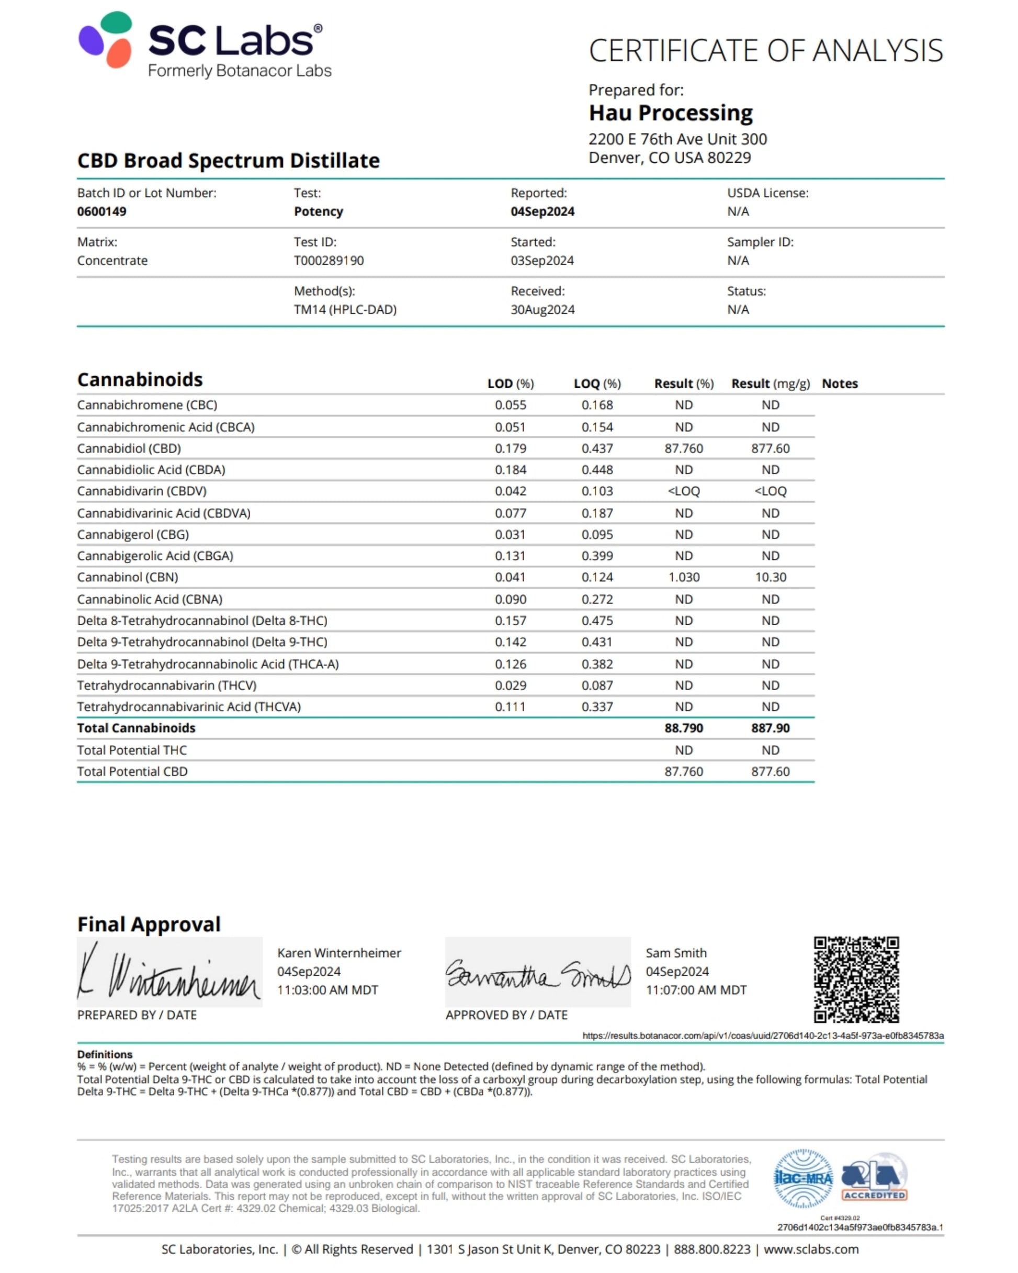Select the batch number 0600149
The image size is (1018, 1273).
coord(101,211)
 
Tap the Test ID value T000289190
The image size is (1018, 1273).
coord(329,261)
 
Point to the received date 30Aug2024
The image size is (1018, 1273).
coord(542,309)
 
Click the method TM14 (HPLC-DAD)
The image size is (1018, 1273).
coord(345,309)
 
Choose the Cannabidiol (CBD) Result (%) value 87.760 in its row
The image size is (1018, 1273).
coord(683,448)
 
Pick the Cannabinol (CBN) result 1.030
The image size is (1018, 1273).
coord(683,577)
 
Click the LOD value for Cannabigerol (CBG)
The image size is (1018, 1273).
coord(510,534)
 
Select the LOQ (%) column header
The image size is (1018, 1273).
coord(597,384)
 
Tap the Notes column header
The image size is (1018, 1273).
coord(839,384)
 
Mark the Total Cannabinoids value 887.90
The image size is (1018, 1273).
coord(770,728)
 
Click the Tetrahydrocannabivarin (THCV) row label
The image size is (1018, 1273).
coord(166,685)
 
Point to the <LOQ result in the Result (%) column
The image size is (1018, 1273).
coord(683,491)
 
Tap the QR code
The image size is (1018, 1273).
coord(856,979)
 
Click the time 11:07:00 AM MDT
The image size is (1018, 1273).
coord(696,990)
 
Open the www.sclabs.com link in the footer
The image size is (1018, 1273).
coord(811,1249)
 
